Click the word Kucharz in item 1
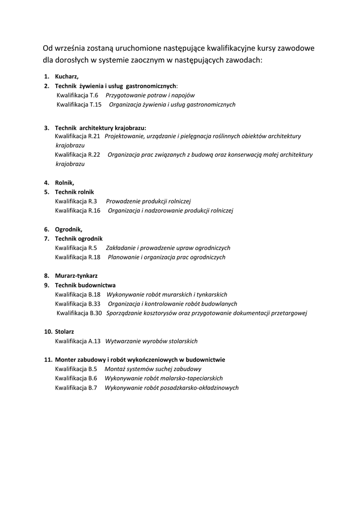point(67,76)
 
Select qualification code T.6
point(94,95)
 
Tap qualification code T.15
point(96,105)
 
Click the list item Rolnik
point(65,183)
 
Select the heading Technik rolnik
point(74,192)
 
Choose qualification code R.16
point(94,211)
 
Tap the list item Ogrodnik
point(69,229)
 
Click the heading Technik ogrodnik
point(78,239)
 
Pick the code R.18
point(94,257)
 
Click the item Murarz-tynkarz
point(76,276)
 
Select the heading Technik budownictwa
point(85,285)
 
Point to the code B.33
point(95,304)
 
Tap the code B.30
point(96,313)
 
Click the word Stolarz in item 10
point(65,331)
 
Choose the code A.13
point(94,341)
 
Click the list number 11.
point(48,360)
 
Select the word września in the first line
point(71,48)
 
